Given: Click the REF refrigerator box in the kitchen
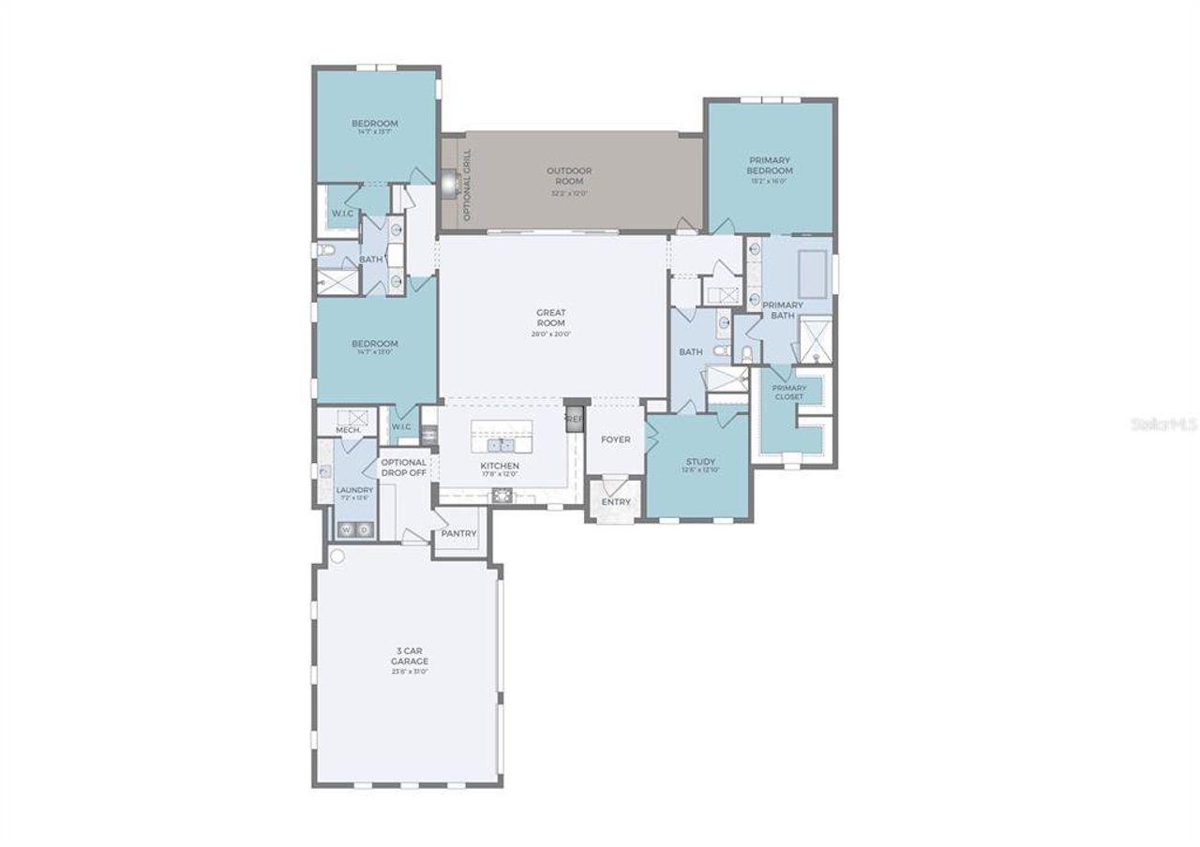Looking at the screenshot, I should pos(574,419).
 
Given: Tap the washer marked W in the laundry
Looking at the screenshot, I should pos(345,530).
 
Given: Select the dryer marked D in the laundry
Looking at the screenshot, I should pos(365,530).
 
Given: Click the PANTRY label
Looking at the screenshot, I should pos(459,534).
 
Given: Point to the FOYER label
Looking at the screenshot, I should pos(616,439).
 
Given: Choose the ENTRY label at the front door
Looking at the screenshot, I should pos(616,502).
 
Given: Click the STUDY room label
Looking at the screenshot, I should pos(700,462).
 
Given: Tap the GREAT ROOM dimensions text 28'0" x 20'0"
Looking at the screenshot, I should pos(551,334).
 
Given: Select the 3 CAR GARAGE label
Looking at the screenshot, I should pos(410,655).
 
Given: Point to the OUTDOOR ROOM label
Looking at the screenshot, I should pos(569,175).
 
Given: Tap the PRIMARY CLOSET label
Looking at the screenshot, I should pos(788,392).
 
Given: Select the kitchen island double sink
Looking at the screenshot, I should pos(501,444).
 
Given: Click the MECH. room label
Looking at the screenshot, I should pos(349,429).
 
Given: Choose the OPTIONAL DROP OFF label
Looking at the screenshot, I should pos(404,468).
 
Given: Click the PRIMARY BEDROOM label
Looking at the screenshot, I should pos(770,165).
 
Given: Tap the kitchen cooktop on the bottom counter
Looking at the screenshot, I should pos(503,496).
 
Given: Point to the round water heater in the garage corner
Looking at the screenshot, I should pos(337,556).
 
